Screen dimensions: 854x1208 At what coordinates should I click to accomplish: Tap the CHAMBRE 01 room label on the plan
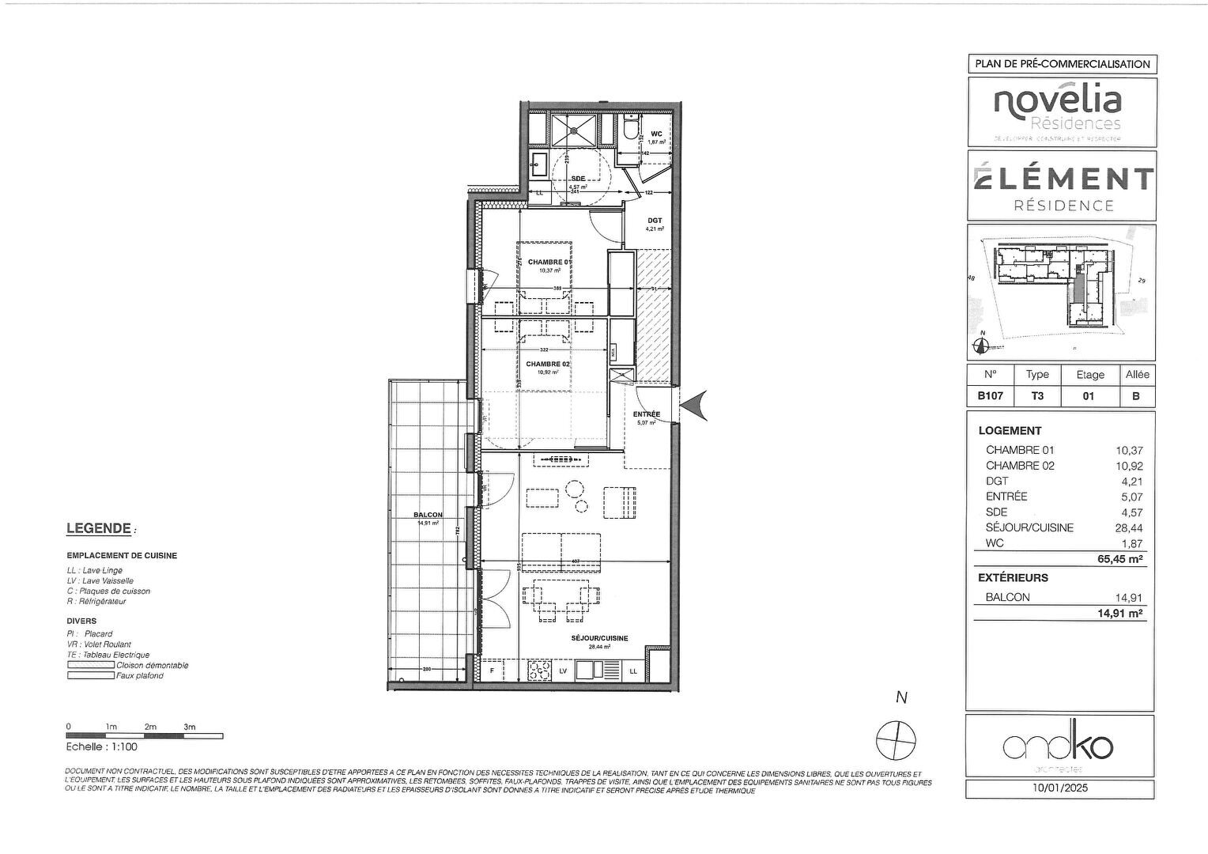coord(545,263)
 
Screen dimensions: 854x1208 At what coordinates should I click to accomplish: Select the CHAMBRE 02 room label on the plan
coord(548,364)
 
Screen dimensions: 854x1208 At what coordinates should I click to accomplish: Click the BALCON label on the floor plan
coord(428,516)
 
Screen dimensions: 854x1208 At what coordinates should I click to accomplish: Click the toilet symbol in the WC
coord(631,128)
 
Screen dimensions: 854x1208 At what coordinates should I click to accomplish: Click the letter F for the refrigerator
coord(493,671)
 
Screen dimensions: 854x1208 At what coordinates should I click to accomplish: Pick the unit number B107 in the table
coord(991,396)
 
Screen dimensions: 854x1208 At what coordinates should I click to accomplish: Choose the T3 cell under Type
coord(1036,396)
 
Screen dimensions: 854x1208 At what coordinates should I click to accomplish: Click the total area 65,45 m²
coord(1120,559)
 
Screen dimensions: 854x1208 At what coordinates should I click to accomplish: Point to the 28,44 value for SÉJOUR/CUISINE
coord(1129,528)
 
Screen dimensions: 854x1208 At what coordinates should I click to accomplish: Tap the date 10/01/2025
coord(1060,788)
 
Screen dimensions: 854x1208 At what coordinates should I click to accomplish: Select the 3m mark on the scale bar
coord(190,727)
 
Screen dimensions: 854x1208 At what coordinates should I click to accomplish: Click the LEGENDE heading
coord(98,528)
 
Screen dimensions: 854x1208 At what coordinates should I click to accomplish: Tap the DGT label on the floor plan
coord(654,221)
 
